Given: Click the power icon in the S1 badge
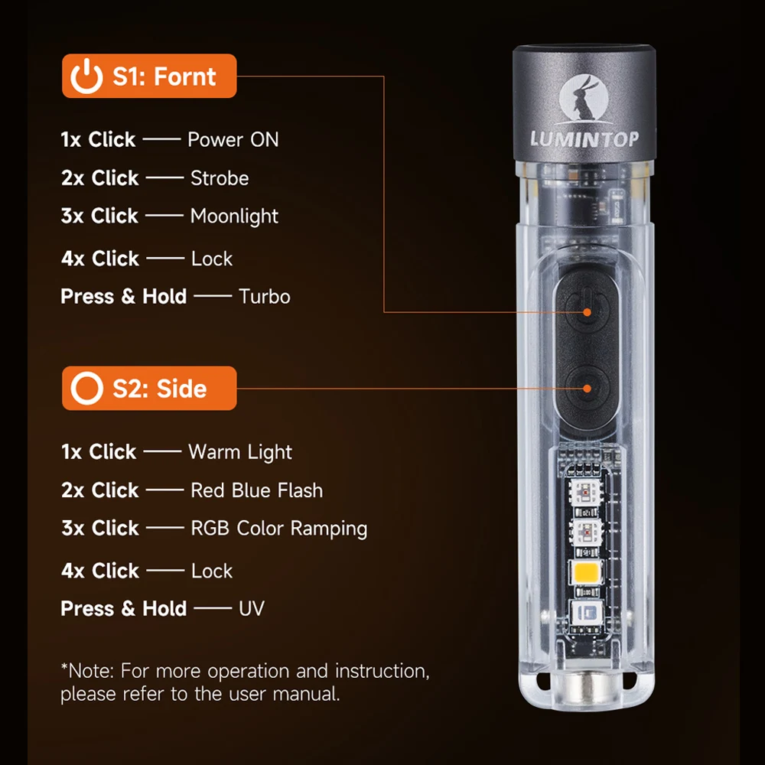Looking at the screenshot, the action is click(87, 76).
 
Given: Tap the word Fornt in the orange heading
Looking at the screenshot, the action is click(185, 76).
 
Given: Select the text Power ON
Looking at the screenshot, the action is click(233, 139).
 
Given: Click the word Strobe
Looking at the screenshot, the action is click(220, 178).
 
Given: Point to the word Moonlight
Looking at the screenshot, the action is click(234, 216).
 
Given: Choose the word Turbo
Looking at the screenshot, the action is click(265, 297).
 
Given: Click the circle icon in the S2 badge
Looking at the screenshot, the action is click(87, 389).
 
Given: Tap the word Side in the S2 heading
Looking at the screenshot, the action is click(181, 389).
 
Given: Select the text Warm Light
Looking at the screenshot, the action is click(240, 452).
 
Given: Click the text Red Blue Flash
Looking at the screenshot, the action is click(256, 490).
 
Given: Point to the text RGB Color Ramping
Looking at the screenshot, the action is click(279, 529).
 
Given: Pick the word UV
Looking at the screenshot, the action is click(252, 608).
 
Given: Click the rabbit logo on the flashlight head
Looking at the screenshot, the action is click(584, 99).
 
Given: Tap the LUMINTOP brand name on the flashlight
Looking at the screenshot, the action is click(584, 139).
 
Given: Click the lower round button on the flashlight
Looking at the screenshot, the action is click(588, 389).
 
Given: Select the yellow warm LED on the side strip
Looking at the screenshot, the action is click(587, 571).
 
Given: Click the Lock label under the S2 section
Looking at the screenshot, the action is click(212, 571).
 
